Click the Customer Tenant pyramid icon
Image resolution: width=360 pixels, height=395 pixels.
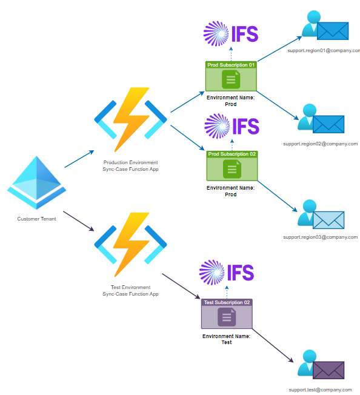click(x=36, y=182)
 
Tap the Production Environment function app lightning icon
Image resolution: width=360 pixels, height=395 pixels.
click(x=130, y=120)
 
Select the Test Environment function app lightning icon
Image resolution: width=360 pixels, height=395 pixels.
click(x=130, y=245)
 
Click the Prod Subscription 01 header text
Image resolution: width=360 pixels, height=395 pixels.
click(x=231, y=65)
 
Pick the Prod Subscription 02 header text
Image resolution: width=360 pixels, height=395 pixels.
click(x=232, y=154)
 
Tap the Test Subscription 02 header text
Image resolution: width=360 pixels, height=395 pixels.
click(x=227, y=302)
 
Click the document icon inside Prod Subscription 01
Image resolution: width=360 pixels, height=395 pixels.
click(x=231, y=79)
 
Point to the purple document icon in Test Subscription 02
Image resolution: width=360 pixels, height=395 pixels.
click(x=227, y=317)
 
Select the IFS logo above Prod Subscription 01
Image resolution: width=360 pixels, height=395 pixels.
click(x=231, y=34)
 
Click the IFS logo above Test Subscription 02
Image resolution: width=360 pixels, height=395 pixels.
click(x=227, y=272)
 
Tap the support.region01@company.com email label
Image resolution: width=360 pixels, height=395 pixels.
click(x=324, y=51)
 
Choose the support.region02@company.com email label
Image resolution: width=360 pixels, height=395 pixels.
click(x=321, y=144)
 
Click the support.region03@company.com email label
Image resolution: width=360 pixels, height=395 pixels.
click(x=321, y=237)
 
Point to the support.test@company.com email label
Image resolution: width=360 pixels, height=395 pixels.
click(x=320, y=390)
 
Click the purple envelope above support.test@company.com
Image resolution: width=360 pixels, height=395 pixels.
click(x=328, y=370)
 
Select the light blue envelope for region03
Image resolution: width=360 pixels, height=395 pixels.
click(x=328, y=220)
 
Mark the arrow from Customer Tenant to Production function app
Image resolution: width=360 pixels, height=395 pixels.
click(x=79, y=159)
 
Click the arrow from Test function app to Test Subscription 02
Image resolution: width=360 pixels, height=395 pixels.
click(x=181, y=286)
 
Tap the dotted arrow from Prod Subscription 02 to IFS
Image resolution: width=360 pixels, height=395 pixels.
click(x=232, y=145)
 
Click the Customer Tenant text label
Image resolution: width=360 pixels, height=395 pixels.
click(x=36, y=219)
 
